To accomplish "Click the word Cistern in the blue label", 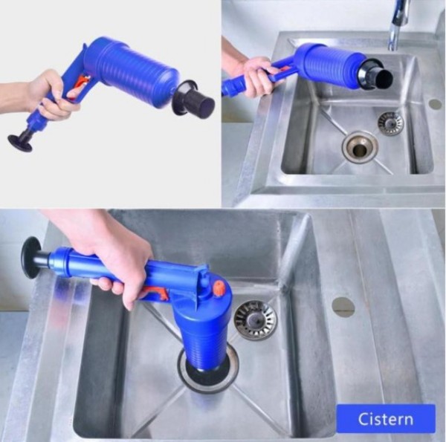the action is click(x=385, y=419).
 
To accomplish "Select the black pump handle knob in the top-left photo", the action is click(x=20, y=143).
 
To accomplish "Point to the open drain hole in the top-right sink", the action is click(x=360, y=146).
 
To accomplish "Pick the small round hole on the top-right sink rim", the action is click(x=435, y=104).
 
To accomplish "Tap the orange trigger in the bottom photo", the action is click(x=154, y=293).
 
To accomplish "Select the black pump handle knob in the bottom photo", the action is click(x=30, y=258).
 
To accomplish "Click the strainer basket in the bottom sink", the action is click(x=255, y=319).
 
